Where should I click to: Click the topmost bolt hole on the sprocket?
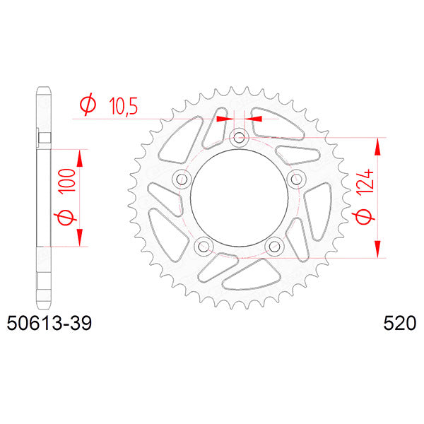(239, 137)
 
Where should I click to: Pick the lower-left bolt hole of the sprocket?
(204, 245)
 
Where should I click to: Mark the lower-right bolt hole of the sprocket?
(274, 245)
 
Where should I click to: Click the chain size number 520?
(399, 324)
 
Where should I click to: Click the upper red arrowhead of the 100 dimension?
(79, 157)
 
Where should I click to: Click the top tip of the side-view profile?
(42, 89)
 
